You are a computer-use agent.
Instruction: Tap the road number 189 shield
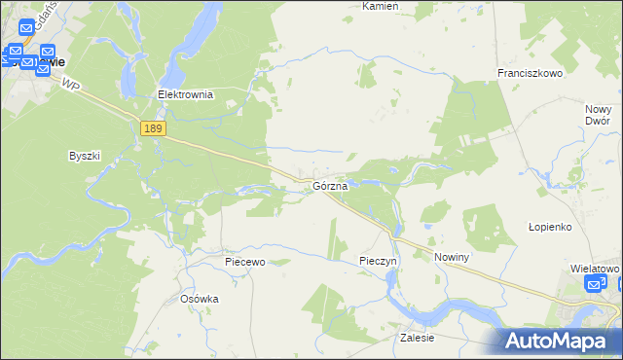[x=152, y=128]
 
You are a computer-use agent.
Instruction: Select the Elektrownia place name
[x=185, y=95]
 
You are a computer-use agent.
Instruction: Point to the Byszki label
[x=85, y=156]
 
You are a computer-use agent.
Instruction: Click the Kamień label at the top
[x=381, y=6]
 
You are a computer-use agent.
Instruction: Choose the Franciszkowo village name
[x=531, y=74]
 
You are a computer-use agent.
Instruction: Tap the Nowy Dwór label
[x=598, y=115]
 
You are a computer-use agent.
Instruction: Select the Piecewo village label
[x=244, y=262]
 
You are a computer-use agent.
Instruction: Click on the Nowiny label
[x=453, y=257]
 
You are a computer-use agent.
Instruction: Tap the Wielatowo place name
[x=595, y=268]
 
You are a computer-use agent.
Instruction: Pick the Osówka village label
[x=200, y=300]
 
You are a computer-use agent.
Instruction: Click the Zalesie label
[x=416, y=338]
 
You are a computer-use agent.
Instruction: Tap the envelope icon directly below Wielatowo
[x=595, y=284]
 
